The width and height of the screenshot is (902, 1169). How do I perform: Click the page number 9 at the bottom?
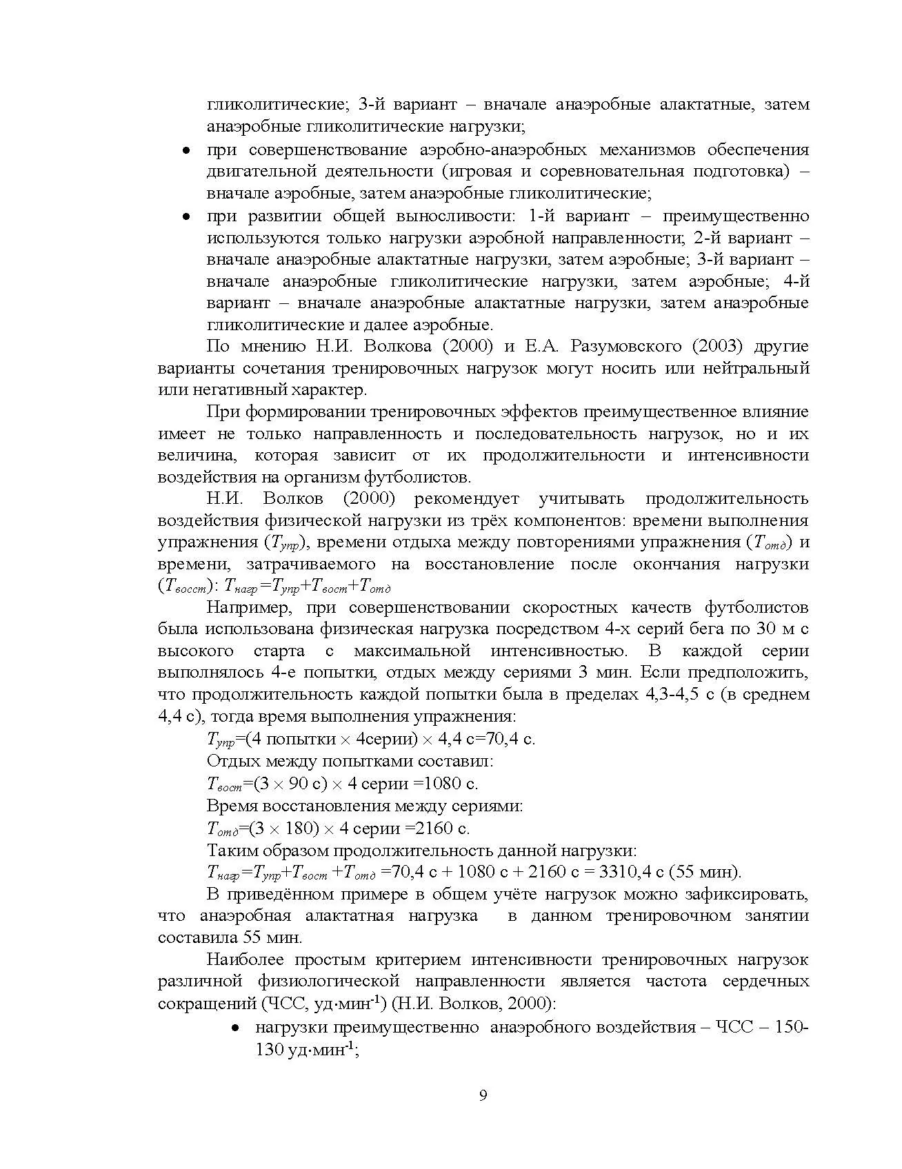click(x=483, y=1095)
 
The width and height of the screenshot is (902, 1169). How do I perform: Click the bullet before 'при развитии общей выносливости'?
click(x=186, y=217)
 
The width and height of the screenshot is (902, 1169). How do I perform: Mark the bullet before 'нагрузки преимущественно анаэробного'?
click(x=235, y=1028)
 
